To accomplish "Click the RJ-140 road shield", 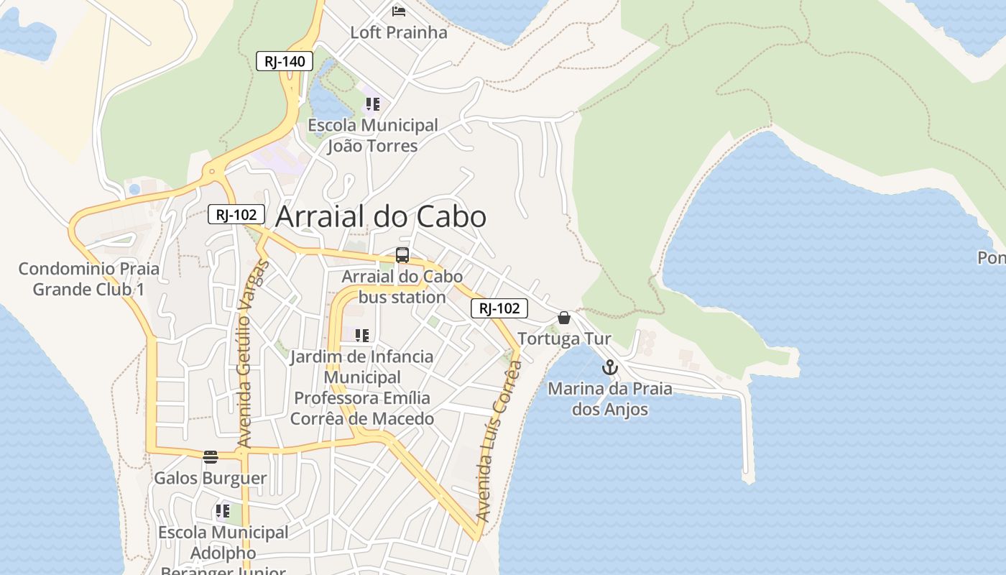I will tap(285, 61).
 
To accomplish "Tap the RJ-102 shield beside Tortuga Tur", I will tap(499, 308).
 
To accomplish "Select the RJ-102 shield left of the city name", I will tap(236, 214).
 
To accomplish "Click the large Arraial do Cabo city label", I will tap(381, 216).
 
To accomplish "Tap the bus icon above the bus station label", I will tap(402, 255).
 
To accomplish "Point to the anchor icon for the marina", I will tap(609, 368).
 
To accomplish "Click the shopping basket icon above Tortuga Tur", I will tap(564, 318).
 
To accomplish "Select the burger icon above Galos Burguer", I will tap(211, 457).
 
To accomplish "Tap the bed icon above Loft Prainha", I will tap(399, 11).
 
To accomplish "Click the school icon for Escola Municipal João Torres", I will tap(372, 104).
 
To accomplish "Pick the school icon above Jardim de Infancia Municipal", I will tap(361, 335).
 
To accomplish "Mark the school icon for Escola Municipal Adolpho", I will tap(222, 512).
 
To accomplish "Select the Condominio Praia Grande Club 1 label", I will tap(89, 279).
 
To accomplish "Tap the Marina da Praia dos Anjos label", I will tap(610, 399).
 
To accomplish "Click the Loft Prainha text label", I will tap(398, 32).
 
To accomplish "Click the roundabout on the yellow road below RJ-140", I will tap(212, 172).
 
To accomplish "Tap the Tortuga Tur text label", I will tap(564, 339).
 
